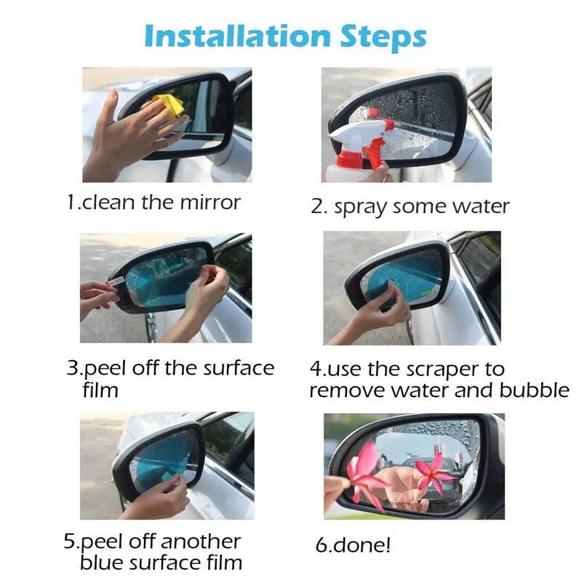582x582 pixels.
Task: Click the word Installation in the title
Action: click(237, 36)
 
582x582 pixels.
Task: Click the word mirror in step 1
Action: click(210, 203)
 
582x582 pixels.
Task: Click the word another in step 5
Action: click(201, 541)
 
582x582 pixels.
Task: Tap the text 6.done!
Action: click(353, 545)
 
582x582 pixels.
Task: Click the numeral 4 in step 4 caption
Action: click(316, 369)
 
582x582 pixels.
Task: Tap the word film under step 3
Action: click(100, 390)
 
